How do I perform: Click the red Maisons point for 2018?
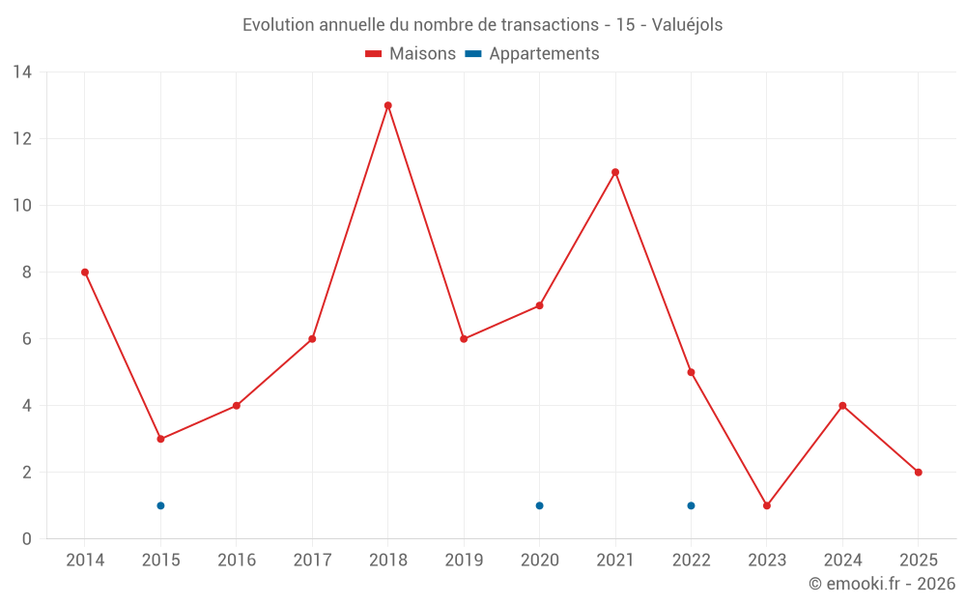pos(387,105)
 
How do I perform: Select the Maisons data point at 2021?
pos(615,172)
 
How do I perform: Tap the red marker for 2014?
pos(85,273)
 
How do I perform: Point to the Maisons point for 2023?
pos(767,505)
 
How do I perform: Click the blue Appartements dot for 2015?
pos(160,505)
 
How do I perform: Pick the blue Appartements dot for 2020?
pos(539,505)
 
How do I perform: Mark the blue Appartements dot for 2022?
pos(691,505)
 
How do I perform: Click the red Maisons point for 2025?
pos(919,473)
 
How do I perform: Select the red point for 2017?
pos(312,339)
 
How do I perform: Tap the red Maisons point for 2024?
pos(842,406)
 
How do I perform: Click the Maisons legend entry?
pos(411,54)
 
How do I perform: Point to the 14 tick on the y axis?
pos(21,72)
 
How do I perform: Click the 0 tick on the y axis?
pos(26,539)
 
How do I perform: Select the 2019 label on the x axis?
pos(464,561)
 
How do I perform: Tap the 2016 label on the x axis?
pos(237,561)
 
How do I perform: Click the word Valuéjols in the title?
pos(688,25)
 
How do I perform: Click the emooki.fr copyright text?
pos(882,584)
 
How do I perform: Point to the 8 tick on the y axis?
pos(26,273)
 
